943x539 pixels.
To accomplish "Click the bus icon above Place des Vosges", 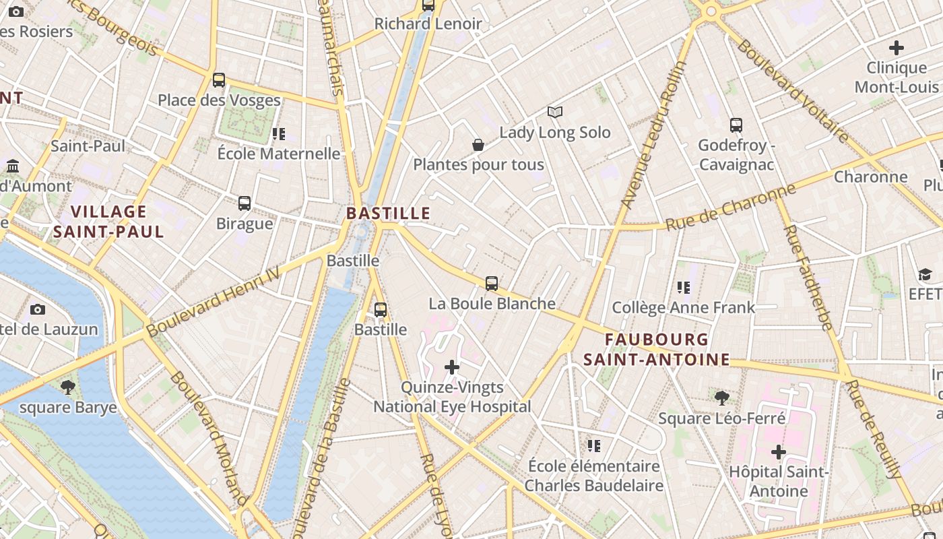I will click(x=219, y=80).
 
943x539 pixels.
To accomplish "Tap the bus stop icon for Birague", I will click(x=245, y=203).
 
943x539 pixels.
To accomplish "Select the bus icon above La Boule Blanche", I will click(x=492, y=283).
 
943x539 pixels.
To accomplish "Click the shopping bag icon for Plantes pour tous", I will click(x=478, y=145).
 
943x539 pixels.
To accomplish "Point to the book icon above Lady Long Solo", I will click(x=554, y=112).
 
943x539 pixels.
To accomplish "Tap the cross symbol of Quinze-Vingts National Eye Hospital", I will click(x=452, y=367).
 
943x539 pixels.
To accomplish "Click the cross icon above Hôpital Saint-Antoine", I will click(x=779, y=451).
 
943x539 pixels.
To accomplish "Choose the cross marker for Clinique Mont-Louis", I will click(x=896, y=48).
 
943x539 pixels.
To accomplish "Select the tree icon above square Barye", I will click(x=67, y=387).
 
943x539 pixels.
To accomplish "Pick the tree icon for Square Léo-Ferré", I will click(x=722, y=398).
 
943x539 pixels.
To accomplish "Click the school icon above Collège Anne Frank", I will click(x=684, y=288).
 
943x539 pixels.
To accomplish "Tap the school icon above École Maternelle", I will click(x=279, y=133).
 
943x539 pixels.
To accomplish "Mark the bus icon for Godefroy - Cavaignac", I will click(x=736, y=125).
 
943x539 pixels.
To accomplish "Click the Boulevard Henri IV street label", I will click(x=213, y=300).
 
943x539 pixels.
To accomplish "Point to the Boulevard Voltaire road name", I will click(x=793, y=91).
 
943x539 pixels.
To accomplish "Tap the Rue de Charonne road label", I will click(x=731, y=207).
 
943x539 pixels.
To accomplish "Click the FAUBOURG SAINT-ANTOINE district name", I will click(x=657, y=349).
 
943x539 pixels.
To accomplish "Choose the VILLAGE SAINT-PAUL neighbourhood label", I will click(x=108, y=222).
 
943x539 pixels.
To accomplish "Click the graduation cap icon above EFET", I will click(x=924, y=274).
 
